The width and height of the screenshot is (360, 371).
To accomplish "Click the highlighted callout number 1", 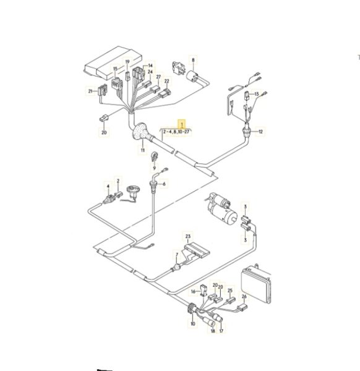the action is (x=182, y=124).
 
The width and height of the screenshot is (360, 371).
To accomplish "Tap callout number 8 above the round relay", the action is (x=193, y=60).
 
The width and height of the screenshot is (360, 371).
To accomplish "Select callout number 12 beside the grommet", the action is (x=260, y=132).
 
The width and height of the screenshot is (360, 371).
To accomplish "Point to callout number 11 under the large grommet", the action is (x=142, y=150).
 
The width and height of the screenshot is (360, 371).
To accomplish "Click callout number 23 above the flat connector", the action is (x=187, y=236).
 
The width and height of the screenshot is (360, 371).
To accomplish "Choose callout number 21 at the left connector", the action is (x=90, y=91).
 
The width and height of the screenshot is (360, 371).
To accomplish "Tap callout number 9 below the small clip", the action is (x=154, y=168).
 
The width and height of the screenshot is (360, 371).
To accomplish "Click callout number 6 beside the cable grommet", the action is (x=164, y=184).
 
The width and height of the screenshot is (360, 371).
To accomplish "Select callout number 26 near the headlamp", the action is (x=244, y=296).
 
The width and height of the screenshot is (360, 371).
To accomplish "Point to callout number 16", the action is (x=193, y=291).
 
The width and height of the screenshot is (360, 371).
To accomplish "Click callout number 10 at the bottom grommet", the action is (x=192, y=323).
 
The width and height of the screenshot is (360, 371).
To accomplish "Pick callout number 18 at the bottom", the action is (x=213, y=331).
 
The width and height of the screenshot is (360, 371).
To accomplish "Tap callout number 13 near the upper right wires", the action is (x=256, y=94).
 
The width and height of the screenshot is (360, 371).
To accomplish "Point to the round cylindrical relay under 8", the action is (x=194, y=75).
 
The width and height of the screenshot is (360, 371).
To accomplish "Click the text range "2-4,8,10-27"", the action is (x=176, y=132).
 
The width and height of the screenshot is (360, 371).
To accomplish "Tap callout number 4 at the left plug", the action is (x=108, y=187).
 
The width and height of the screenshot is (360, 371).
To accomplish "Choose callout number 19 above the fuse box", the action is (x=127, y=62).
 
